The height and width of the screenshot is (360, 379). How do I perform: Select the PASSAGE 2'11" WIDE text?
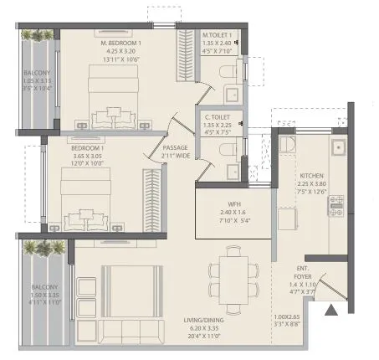click(175, 151)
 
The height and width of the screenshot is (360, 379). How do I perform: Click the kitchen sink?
click(338, 148)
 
